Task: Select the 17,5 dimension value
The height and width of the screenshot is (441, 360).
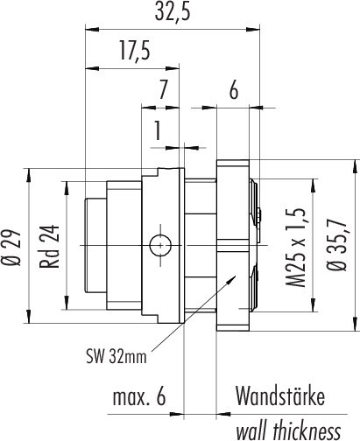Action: (x=134, y=52)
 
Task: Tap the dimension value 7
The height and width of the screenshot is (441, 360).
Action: (x=162, y=89)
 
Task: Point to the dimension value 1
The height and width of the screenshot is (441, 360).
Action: (x=157, y=131)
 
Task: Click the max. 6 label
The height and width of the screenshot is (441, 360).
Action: (x=139, y=397)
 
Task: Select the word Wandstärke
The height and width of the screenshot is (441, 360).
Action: (x=279, y=397)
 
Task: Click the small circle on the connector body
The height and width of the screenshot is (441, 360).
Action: (x=159, y=246)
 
